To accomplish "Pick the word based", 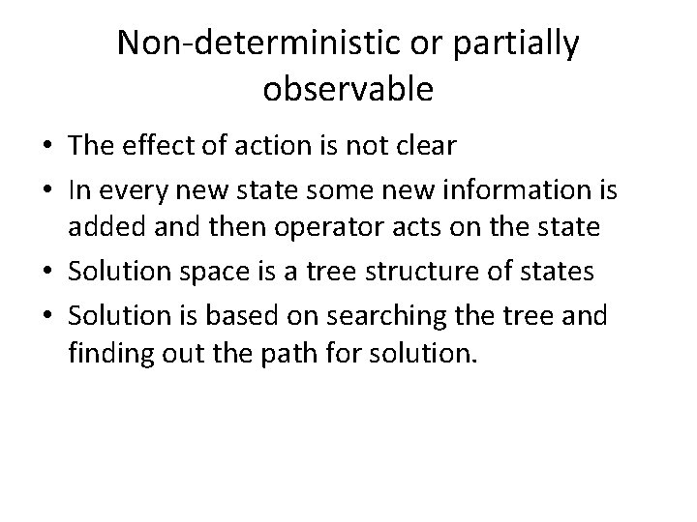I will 237,316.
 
